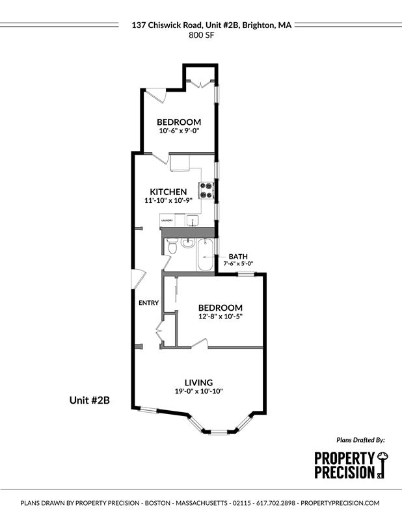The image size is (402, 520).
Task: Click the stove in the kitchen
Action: coord(207,190)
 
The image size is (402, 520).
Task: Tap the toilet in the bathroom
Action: coord(172,248)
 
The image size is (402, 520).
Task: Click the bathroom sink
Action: coord(187,243)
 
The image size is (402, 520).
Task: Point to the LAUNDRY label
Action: coord(166,221)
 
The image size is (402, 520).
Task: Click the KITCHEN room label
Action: coord(168,192)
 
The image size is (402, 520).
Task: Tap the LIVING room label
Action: coord(198,382)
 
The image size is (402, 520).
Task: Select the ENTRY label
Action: coord(148,303)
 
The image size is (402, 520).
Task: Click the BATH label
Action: coord(237,256)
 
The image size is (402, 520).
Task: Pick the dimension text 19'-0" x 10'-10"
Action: coord(198,391)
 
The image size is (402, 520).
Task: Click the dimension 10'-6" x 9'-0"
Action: coord(178,131)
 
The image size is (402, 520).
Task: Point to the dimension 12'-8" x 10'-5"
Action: coord(220,317)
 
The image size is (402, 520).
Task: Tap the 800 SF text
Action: coord(200,36)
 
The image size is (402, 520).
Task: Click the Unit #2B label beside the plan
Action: coord(89,400)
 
